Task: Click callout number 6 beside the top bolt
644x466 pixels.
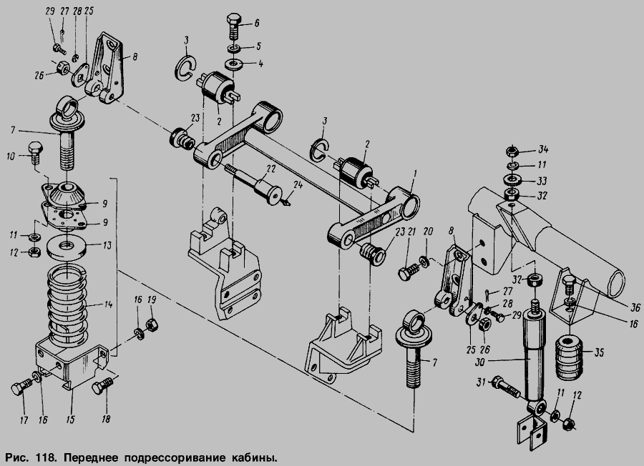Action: tap(257, 23)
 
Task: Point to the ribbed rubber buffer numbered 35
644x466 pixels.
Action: tap(569, 357)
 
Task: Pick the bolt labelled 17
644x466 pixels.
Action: tap(21, 387)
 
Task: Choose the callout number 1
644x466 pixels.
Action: tap(415, 175)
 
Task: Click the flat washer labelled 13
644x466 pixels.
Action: tap(67, 247)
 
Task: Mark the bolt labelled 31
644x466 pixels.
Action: tap(506, 386)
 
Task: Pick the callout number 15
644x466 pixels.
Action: tap(71, 420)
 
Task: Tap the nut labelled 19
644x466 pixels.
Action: tap(152, 324)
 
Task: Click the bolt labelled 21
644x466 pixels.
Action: tap(409, 272)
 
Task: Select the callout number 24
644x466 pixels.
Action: tap(298, 184)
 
